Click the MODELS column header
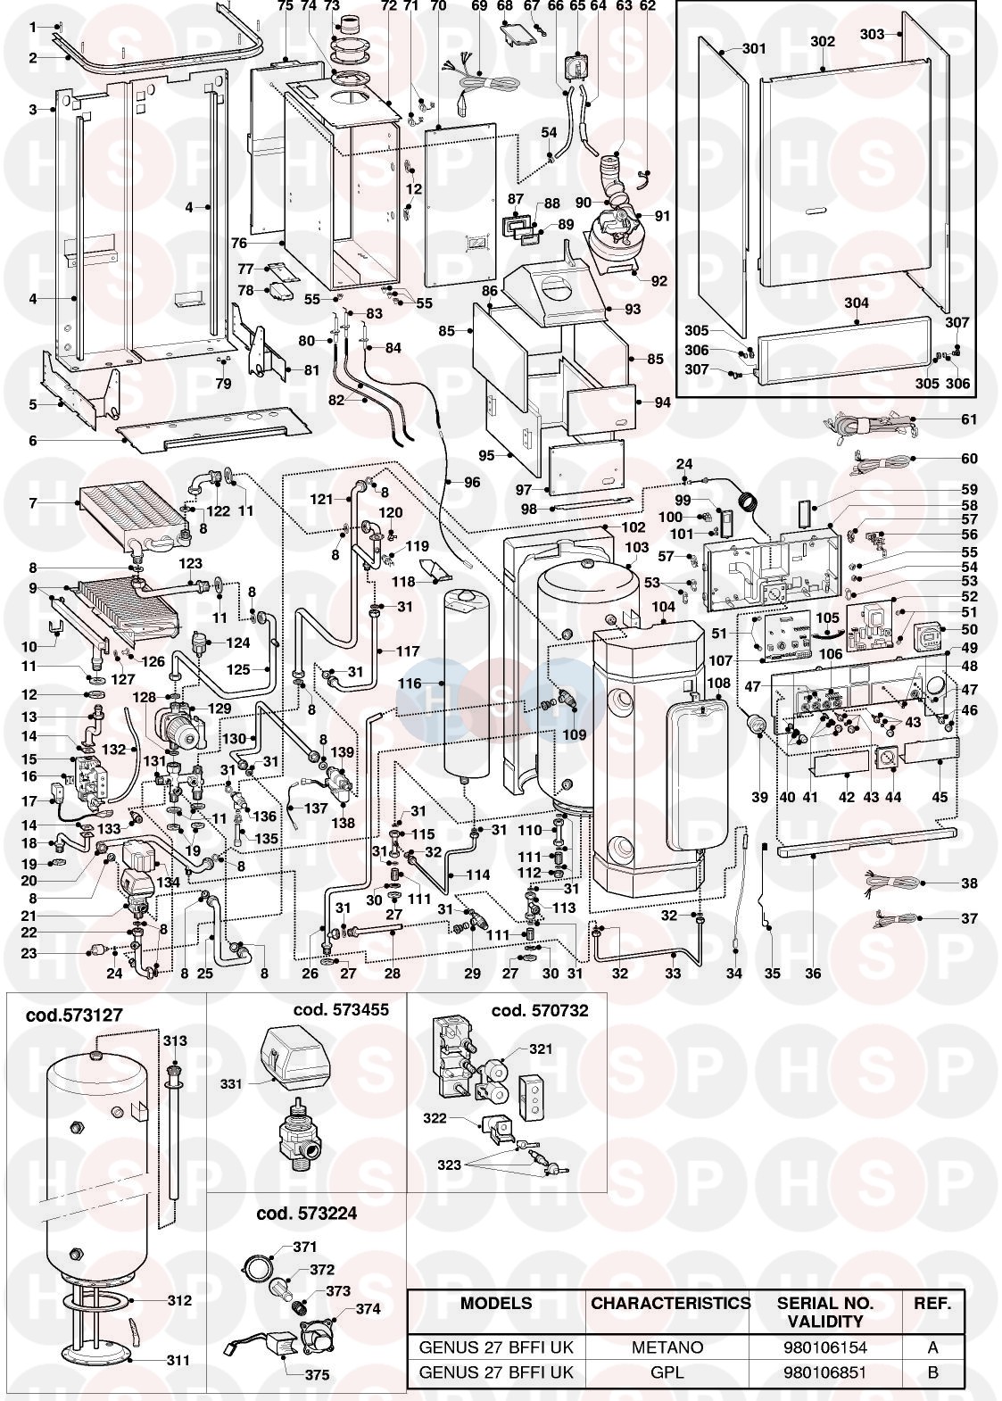496,1304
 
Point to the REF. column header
932,1304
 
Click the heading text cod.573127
74,1015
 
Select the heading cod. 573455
341,1010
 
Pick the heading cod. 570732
540,1010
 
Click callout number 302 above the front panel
822,42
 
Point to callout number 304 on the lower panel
857,303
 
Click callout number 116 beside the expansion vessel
410,684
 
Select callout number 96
472,483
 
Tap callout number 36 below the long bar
813,974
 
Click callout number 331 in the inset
232,1083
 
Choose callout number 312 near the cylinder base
179,1300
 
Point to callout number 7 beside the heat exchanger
33,503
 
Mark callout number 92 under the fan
659,282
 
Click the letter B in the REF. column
932,1372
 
